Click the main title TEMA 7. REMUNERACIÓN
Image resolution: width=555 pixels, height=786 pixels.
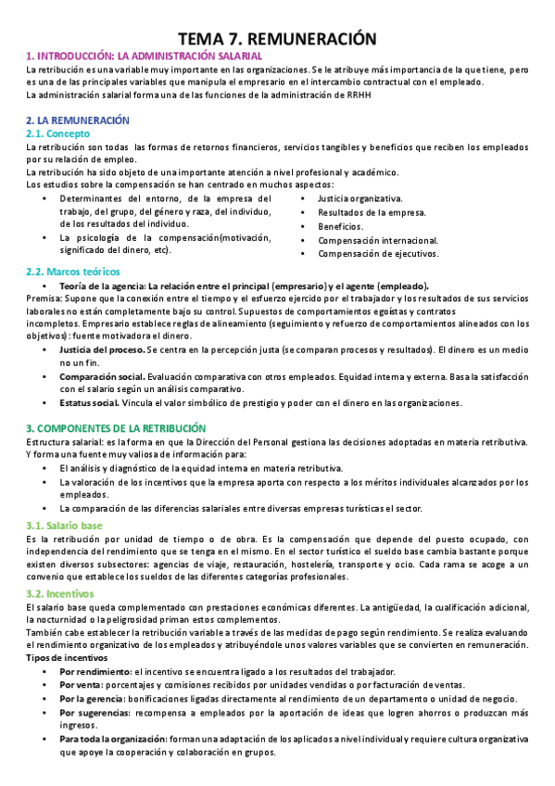click(x=277, y=38)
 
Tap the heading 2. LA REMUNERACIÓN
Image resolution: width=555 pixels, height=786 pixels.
click(x=78, y=120)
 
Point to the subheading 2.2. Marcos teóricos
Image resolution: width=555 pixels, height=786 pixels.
click(x=73, y=272)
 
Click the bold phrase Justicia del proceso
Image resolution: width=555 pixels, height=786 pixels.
click(x=98, y=349)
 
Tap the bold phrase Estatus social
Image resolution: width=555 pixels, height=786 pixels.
click(x=89, y=403)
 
